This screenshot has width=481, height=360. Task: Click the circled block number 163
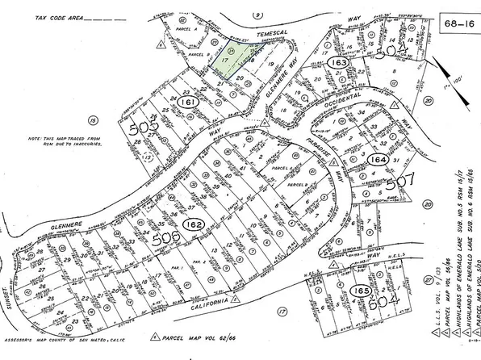coord(340,61)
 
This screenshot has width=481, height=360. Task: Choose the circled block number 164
coord(376,161)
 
